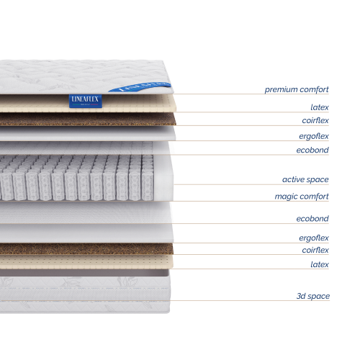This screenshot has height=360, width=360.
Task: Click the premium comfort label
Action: click(x=297, y=89)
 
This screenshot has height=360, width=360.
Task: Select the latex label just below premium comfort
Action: click(x=320, y=107)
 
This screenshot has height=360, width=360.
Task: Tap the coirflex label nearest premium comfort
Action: click(x=315, y=120)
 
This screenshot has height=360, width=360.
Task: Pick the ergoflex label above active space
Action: click(x=314, y=135)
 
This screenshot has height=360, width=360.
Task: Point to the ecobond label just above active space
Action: click(x=312, y=150)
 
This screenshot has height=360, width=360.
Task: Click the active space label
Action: click(x=305, y=179)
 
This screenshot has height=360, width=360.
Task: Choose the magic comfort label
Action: click(x=302, y=196)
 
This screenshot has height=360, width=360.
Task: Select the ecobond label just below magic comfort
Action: click(x=312, y=218)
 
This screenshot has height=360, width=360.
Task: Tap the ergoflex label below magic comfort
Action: click(x=314, y=238)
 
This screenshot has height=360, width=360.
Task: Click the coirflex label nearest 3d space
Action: click(x=315, y=250)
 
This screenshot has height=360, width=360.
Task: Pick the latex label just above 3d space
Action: click(x=320, y=264)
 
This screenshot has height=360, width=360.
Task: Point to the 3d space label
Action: click(x=312, y=296)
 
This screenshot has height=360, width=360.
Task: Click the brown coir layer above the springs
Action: click(x=86, y=120)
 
